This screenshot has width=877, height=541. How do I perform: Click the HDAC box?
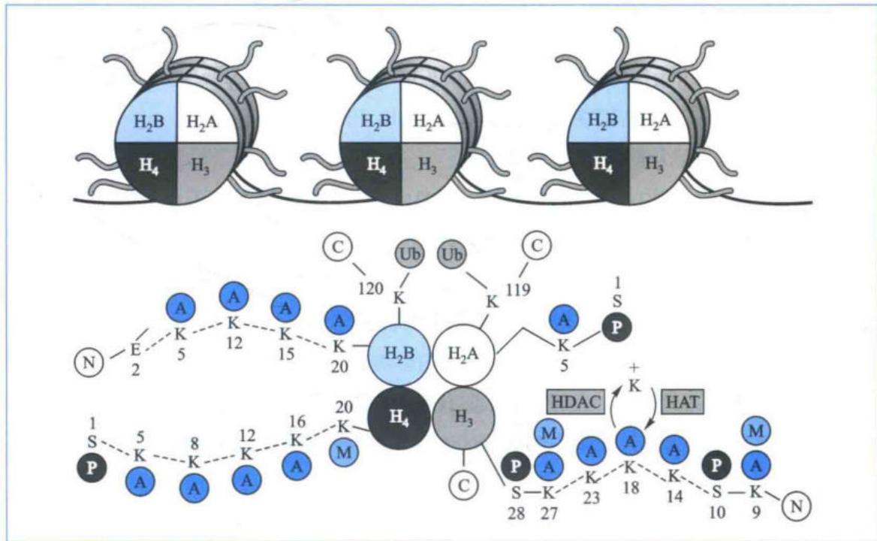pos(576,401)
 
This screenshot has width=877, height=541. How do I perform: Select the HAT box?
pos(683,401)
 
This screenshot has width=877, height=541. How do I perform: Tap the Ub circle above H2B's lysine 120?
pos(410,255)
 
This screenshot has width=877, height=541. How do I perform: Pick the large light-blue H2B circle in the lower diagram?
pos(399,354)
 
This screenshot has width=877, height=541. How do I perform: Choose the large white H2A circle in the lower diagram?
pos(464,354)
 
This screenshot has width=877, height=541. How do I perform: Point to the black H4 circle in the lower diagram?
pos(399,417)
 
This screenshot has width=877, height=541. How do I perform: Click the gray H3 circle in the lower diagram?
pos(464,417)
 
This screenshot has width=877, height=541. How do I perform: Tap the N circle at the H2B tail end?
pos(89,362)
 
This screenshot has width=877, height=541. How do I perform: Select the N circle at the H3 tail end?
pos(797,506)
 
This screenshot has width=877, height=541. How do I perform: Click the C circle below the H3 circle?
pos(464,485)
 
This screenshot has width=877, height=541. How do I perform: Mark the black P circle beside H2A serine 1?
pos(617,328)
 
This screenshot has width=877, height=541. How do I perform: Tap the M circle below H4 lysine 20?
pos(343,452)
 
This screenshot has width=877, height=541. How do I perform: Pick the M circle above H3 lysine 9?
pos(755,431)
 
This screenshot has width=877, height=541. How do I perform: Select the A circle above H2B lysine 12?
pos(234,297)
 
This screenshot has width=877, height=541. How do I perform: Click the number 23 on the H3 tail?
pos(591,497)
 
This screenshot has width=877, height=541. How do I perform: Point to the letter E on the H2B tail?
pos(135,350)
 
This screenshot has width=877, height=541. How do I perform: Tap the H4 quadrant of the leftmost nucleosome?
pos(148,165)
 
